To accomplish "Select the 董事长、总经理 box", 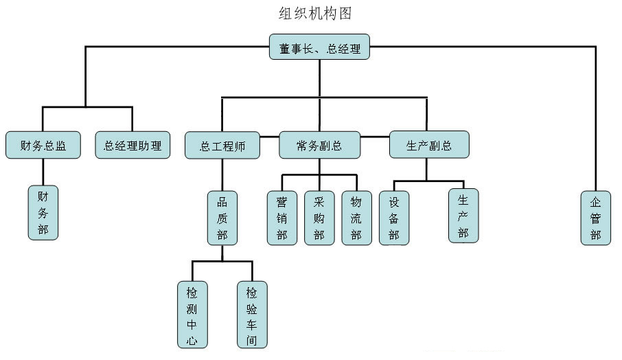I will pyautogui.click(x=319, y=49).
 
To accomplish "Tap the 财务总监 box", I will pyautogui.click(x=43, y=145).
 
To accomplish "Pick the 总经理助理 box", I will pyautogui.click(x=133, y=145).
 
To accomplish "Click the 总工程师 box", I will pyautogui.click(x=222, y=145).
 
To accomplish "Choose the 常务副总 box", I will pyautogui.click(x=319, y=145).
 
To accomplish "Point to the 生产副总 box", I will pyautogui.click(x=429, y=145).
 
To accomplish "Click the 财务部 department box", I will pyautogui.click(x=43, y=212).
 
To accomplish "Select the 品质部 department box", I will pyautogui.click(x=222, y=218).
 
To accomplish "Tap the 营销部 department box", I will pyautogui.click(x=281, y=217).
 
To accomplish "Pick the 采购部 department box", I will pyautogui.click(x=319, y=217).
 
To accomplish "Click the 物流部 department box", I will pyautogui.click(x=356, y=217).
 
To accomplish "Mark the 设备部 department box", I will pyautogui.click(x=394, y=217).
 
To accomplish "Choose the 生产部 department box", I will pyautogui.click(x=463, y=215).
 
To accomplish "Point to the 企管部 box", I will pyautogui.click(x=595, y=217).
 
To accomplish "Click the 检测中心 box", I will pyautogui.click(x=192, y=313).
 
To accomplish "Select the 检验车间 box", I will pyautogui.click(x=252, y=313).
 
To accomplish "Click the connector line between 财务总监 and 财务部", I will pyautogui.click(x=43, y=172).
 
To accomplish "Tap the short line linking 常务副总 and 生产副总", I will pyautogui.click(x=375, y=137).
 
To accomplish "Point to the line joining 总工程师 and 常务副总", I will pyautogui.click(x=270, y=137).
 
